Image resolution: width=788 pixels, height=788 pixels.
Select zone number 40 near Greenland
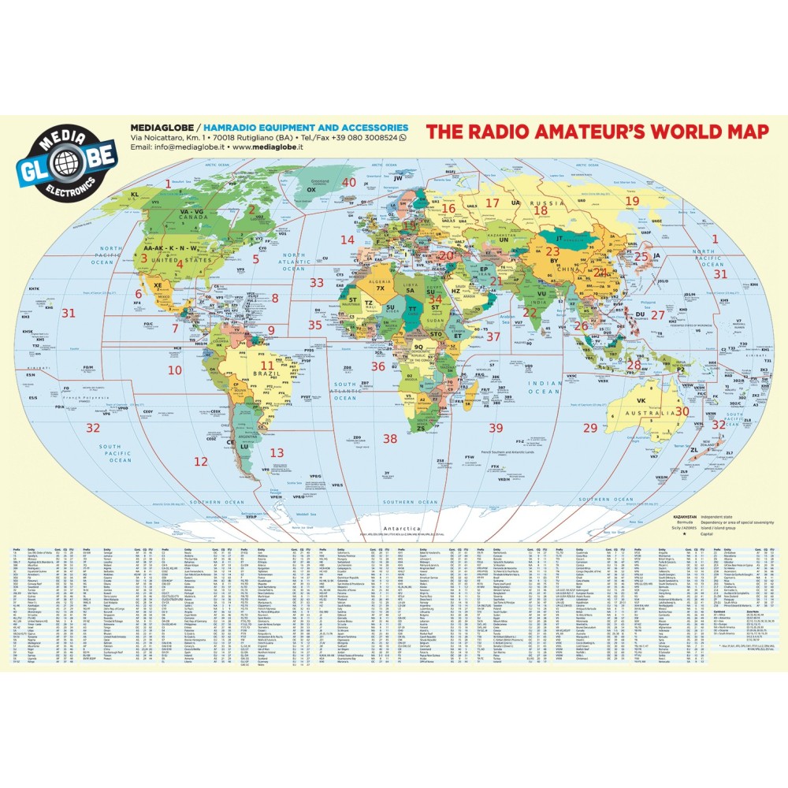349,182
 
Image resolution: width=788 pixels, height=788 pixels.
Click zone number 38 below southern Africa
390,438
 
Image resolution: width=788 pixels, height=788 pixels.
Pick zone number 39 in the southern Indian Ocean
495,428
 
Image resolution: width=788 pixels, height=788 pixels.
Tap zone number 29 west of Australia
590,428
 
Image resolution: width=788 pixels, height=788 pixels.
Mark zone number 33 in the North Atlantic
317,282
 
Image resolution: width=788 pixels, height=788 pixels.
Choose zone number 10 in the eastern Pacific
174,370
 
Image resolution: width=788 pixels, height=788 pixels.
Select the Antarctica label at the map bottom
396,530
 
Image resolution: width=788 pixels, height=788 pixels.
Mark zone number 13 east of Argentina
277,453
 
